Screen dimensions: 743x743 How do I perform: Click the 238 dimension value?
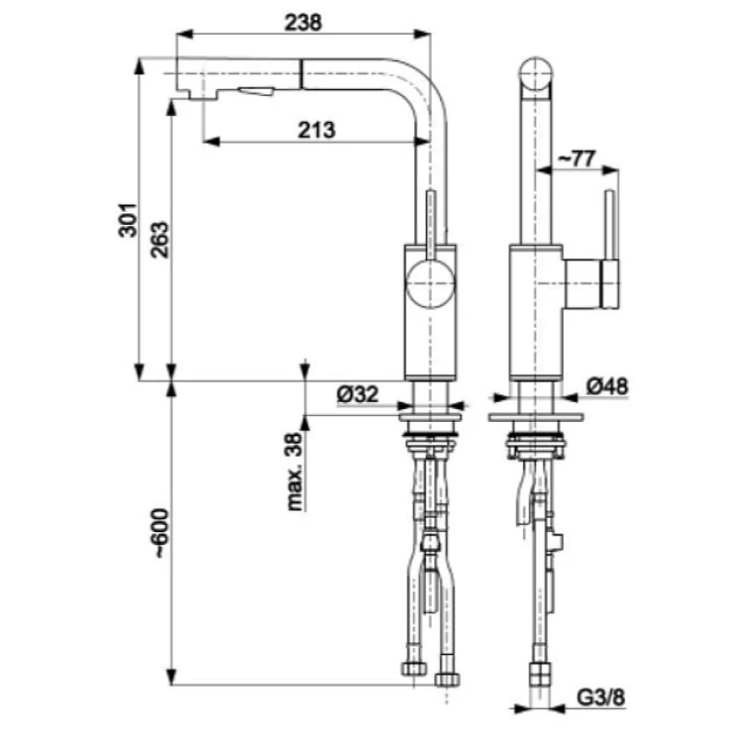click(x=303, y=22)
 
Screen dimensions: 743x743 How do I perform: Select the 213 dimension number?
click(x=316, y=130)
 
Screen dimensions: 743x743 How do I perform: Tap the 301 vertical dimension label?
click(x=128, y=220)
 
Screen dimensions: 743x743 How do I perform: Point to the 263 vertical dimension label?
click(x=159, y=240)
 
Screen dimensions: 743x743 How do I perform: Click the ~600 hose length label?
click(x=161, y=533)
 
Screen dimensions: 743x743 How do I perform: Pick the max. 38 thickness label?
click(x=295, y=472)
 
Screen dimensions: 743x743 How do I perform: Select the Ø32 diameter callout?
click(x=358, y=393)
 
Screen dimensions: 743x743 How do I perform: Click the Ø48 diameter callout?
click(x=607, y=386)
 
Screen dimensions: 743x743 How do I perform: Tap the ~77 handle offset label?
click(x=575, y=159)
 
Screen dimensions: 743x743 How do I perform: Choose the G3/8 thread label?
click(x=601, y=697)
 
